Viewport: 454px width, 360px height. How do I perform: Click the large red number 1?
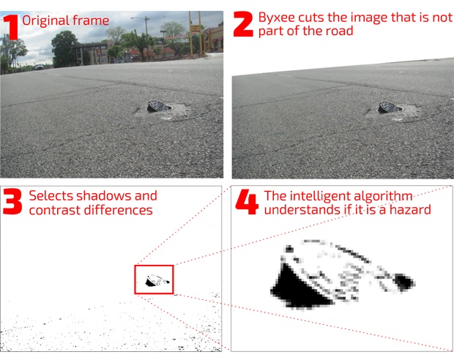pyautogui.click(x=12, y=27)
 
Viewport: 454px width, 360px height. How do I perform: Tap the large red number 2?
pyautogui.click(x=243, y=24)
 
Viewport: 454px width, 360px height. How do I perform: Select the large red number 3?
pyautogui.click(x=12, y=201)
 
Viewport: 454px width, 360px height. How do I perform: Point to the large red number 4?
pyautogui.click(x=247, y=202)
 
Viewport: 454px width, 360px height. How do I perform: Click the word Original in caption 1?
pyautogui.click(x=45, y=20)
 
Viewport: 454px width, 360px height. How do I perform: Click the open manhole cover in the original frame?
pyautogui.click(x=159, y=106)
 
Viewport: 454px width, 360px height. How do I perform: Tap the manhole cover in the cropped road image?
pyautogui.click(x=390, y=107)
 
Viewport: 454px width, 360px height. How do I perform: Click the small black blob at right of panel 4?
pyautogui.click(x=404, y=282)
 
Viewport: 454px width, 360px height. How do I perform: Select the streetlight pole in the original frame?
pyautogui.click(x=146, y=37)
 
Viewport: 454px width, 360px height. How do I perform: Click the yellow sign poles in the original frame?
pyautogui.click(x=196, y=32)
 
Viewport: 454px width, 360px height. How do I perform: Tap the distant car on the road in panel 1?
pyautogui.click(x=39, y=67)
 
